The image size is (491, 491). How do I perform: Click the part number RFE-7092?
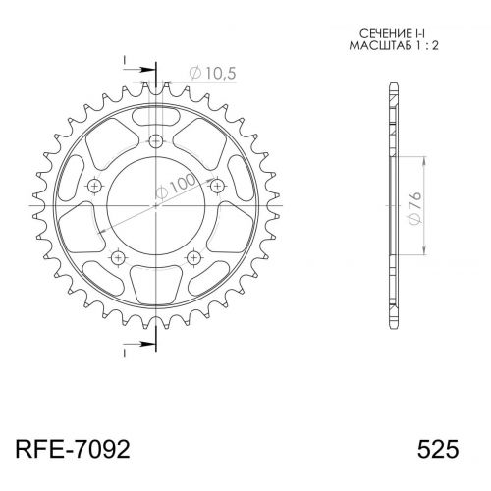pyautogui.click(x=71, y=449)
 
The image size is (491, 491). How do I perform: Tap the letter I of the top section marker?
pyautogui.click(x=126, y=59)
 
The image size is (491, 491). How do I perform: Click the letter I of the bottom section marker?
pyautogui.click(x=126, y=352)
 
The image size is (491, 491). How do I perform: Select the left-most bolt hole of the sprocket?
pyautogui.click(x=94, y=187)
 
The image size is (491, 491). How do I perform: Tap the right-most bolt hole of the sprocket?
pyautogui.click(x=217, y=187)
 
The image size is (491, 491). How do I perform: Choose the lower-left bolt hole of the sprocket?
pyautogui.click(x=118, y=257)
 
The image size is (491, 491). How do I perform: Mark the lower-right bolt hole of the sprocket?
pyautogui.click(x=193, y=257)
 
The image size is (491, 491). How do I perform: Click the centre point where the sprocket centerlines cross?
pyautogui.click(x=155, y=206)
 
